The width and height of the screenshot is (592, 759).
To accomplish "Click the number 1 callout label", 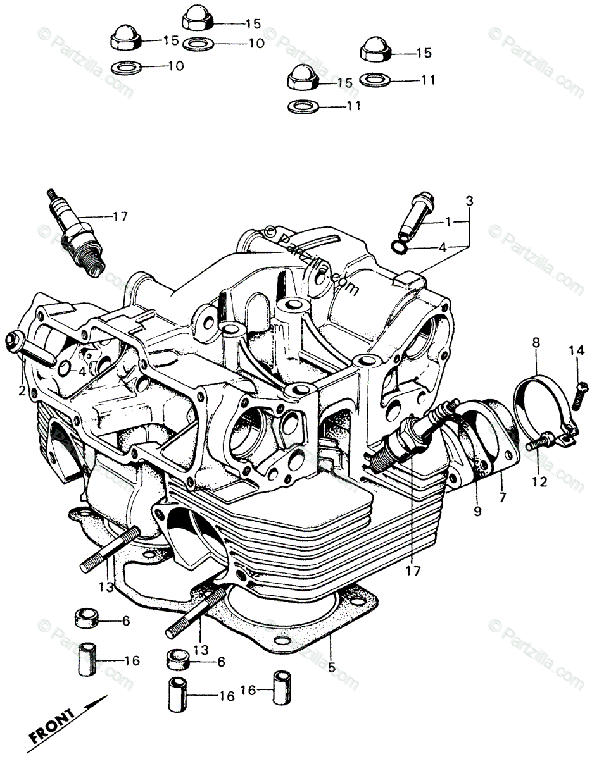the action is click(x=448, y=222).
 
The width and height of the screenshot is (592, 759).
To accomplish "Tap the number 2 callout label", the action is click(x=22, y=391).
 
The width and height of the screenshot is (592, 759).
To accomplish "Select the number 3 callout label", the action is click(x=469, y=202).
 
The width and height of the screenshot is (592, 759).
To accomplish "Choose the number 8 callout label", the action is click(x=536, y=344).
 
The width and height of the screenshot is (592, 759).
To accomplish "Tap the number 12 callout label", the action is click(x=538, y=481).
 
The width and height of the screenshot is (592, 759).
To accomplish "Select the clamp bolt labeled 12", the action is click(x=540, y=441).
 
